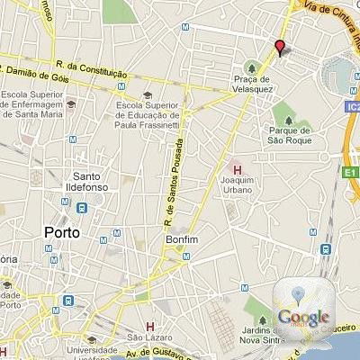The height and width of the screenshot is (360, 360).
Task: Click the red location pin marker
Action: (280, 49)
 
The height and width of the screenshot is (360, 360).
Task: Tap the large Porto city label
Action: (61, 231)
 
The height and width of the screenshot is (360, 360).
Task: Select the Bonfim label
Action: (181, 240)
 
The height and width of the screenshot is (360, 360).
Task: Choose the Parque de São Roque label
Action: (291, 135)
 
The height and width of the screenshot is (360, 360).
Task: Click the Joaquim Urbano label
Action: (238, 185)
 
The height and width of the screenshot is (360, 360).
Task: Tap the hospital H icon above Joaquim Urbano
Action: (238, 169)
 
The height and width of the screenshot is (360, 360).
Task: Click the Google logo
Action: (303, 316)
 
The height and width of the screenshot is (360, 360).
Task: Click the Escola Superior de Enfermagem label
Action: (32, 103)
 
